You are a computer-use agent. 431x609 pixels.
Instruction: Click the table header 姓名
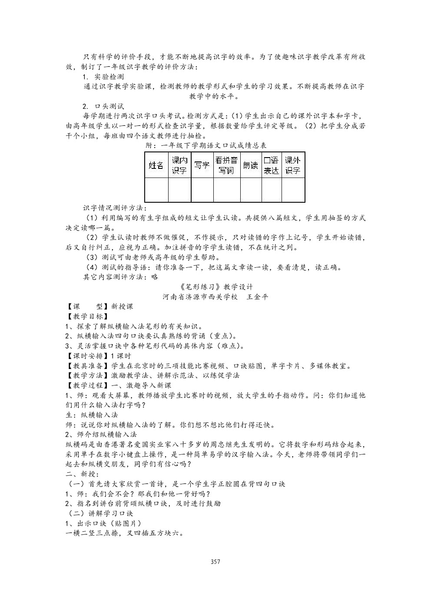coord(156,165)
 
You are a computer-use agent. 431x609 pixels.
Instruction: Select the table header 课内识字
coord(179,165)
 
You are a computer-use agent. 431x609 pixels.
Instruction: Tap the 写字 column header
coord(202,165)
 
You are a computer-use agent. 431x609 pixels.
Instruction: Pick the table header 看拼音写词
coord(227,165)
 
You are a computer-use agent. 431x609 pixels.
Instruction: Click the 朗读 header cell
coord(251,165)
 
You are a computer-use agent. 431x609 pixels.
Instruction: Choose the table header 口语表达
coord(272,165)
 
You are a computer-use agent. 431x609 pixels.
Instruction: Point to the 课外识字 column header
coord(293,165)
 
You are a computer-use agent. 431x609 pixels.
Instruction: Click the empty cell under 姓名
coord(156,190)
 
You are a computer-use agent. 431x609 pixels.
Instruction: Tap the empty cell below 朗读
coord(251,190)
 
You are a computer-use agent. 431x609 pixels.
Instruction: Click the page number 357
coord(215,562)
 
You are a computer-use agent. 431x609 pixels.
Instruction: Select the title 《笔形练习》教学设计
coord(215,287)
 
